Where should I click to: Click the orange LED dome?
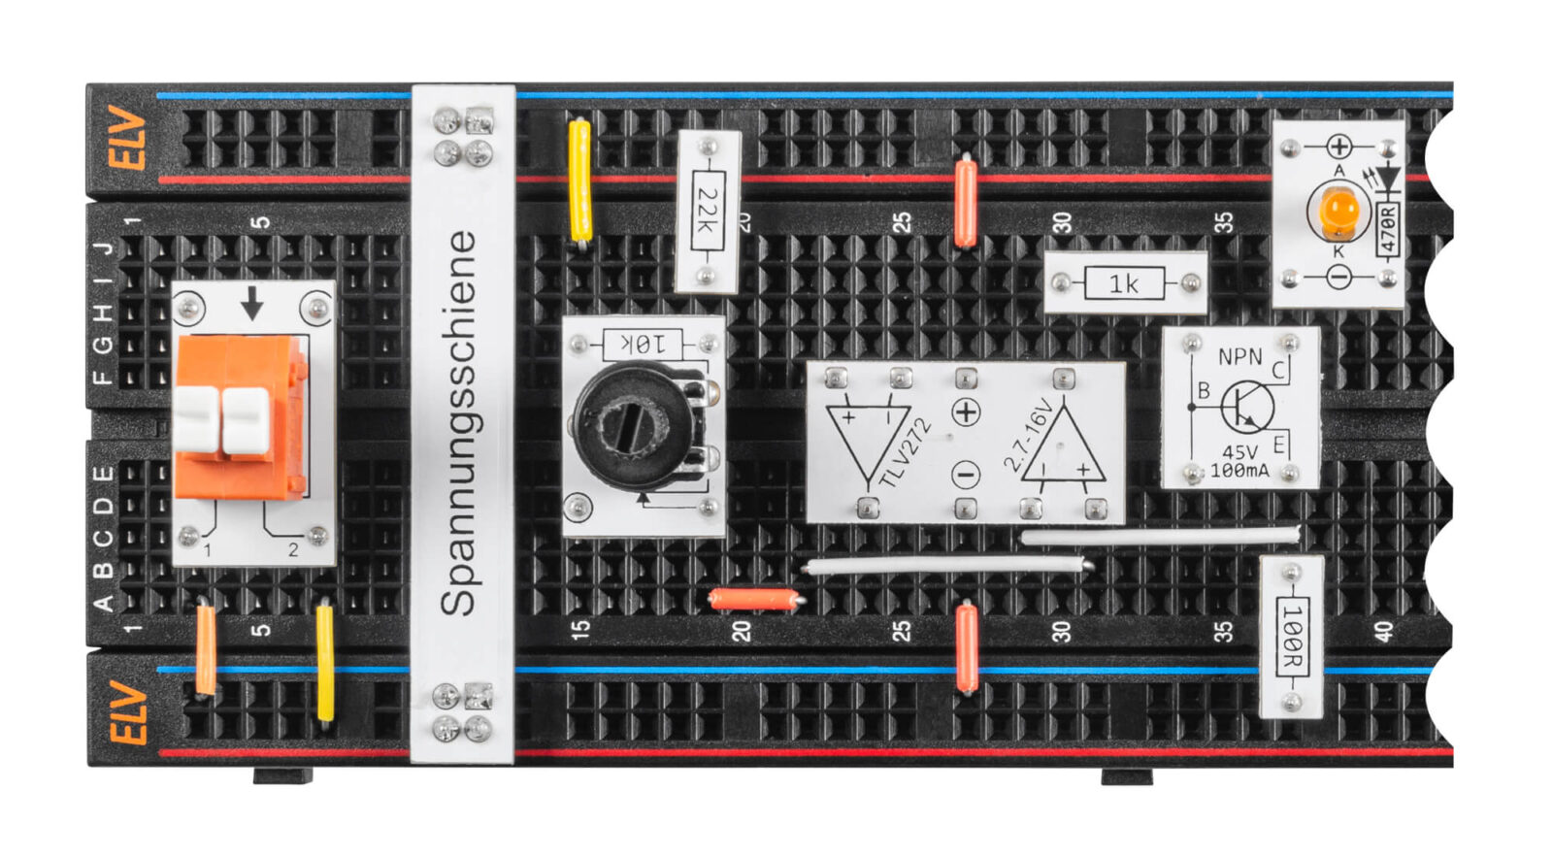pyautogui.click(x=1338, y=209)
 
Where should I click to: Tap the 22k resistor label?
pyautogui.click(x=709, y=211)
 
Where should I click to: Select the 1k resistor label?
pyautogui.click(x=1124, y=283)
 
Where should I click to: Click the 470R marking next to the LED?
pyautogui.click(x=1388, y=229)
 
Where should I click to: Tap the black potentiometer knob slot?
pyautogui.click(x=632, y=423)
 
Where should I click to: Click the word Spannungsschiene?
pyautogui.click(x=459, y=423)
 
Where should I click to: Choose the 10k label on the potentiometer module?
pyautogui.click(x=643, y=344)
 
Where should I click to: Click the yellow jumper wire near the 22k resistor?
pyautogui.click(x=579, y=181)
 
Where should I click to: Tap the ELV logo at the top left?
pyautogui.click(x=127, y=138)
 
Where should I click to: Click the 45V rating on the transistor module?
pyautogui.click(x=1239, y=452)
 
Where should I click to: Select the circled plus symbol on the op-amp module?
pyautogui.click(x=966, y=412)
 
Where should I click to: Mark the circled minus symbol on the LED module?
pyautogui.click(x=1338, y=278)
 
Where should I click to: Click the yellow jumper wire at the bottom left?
pyautogui.click(x=324, y=664)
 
